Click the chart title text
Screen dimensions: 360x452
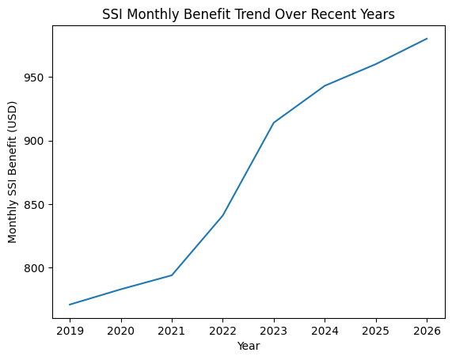click(249, 13)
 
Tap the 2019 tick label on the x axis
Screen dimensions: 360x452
click(70, 330)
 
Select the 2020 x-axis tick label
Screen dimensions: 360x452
click(120, 330)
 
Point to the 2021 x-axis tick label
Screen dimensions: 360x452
click(172, 330)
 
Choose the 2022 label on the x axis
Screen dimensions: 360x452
click(222, 330)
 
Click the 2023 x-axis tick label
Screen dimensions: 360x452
click(274, 330)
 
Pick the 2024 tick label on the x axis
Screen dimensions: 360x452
click(325, 330)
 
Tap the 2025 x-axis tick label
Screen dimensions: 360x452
click(376, 330)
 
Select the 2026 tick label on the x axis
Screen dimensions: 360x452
click(427, 330)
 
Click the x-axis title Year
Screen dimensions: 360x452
click(249, 346)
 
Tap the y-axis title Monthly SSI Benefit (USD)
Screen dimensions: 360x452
click(13, 171)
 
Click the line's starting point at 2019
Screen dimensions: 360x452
click(70, 305)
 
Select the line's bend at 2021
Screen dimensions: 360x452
click(172, 275)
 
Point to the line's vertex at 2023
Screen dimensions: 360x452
click(274, 123)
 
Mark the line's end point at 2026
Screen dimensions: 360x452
click(427, 39)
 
